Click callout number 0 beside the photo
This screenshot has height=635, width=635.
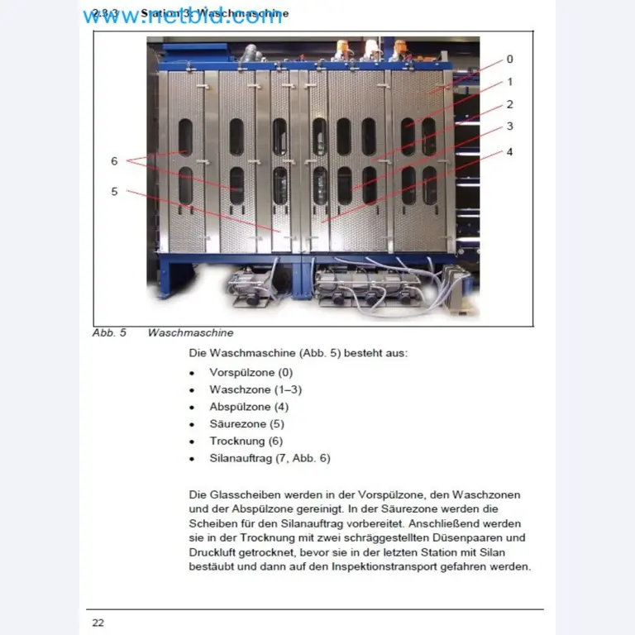point(510,60)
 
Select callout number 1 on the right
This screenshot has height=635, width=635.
point(510,82)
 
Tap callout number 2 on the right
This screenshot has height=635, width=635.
point(510,104)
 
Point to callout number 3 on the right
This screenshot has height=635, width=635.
point(510,127)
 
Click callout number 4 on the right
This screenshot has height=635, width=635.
point(510,152)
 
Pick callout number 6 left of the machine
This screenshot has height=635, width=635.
point(114,161)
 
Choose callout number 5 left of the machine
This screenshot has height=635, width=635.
point(114,192)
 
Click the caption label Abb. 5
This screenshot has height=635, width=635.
point(109,333)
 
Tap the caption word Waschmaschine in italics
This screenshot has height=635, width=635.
point(190,333)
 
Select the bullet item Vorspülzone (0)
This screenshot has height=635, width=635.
point(251,373)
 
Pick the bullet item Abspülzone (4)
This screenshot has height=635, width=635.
point(249,407)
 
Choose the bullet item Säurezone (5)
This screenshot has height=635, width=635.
point(246,424)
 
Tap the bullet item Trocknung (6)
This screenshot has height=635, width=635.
point(246,441)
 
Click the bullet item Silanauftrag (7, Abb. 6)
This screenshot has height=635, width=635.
point(270,458)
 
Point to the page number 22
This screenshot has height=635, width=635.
point(98,623)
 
